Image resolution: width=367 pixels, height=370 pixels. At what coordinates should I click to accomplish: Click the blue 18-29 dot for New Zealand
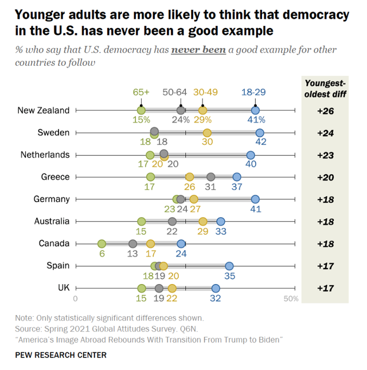(x=255, y=111)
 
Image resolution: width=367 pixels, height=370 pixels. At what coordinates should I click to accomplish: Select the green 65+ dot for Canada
(x=101, y=243)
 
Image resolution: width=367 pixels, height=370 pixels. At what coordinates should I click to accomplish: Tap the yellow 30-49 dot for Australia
(x=202, y=222)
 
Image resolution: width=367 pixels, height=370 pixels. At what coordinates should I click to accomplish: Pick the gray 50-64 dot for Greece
(x=211, y=177)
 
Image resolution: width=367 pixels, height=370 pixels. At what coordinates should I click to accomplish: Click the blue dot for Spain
(x=229, y=266)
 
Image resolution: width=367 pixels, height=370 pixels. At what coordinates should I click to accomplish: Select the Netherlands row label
(x=45, y=155)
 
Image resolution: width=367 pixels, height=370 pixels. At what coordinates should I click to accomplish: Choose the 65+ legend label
(x=141, y=92)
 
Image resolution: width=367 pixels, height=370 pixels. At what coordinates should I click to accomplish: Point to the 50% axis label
(x=291, y=298)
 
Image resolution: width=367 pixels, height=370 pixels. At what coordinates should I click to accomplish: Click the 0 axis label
(x=75, y=298)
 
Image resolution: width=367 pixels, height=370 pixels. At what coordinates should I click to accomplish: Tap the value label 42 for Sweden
(x=260, y=143)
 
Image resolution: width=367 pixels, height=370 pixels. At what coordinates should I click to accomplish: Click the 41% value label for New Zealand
(x=256, y=120)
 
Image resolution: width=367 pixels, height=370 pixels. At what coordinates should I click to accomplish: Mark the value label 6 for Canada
(x=101, y=254)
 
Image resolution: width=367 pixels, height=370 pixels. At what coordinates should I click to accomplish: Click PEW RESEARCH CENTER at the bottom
(x=61, y=355)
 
